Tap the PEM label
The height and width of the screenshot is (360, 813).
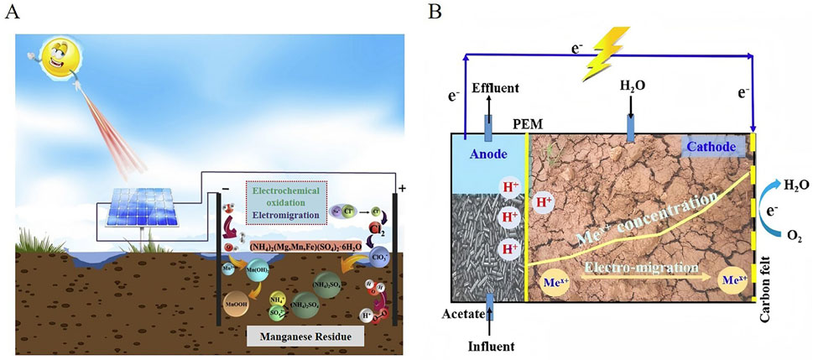[x=527, y=124]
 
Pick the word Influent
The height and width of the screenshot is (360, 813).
[x=490, y=345]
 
